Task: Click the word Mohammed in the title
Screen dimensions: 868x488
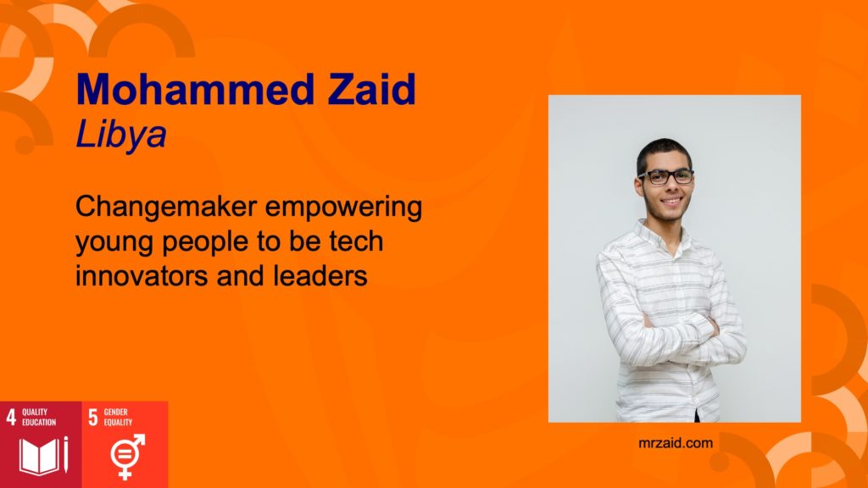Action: point(196,89)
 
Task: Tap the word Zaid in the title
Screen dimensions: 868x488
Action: point(371,89)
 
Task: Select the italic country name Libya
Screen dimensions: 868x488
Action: point(120,134)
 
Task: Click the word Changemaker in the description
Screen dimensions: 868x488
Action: point(166,207)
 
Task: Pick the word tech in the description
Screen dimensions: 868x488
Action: point(356,241)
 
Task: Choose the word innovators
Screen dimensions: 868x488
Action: point(142,275)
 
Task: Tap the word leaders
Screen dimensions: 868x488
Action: point(320,275)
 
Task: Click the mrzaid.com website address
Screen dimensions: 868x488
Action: point(676,443)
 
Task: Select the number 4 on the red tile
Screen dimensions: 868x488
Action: point(11,417)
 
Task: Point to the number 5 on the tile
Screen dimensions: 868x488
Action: point(93,417)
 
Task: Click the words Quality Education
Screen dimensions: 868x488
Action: point(39,417)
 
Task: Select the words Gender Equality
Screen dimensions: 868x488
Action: point(118,417)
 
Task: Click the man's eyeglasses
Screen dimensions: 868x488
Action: point(665,177)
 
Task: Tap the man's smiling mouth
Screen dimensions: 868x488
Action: point(671,202)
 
